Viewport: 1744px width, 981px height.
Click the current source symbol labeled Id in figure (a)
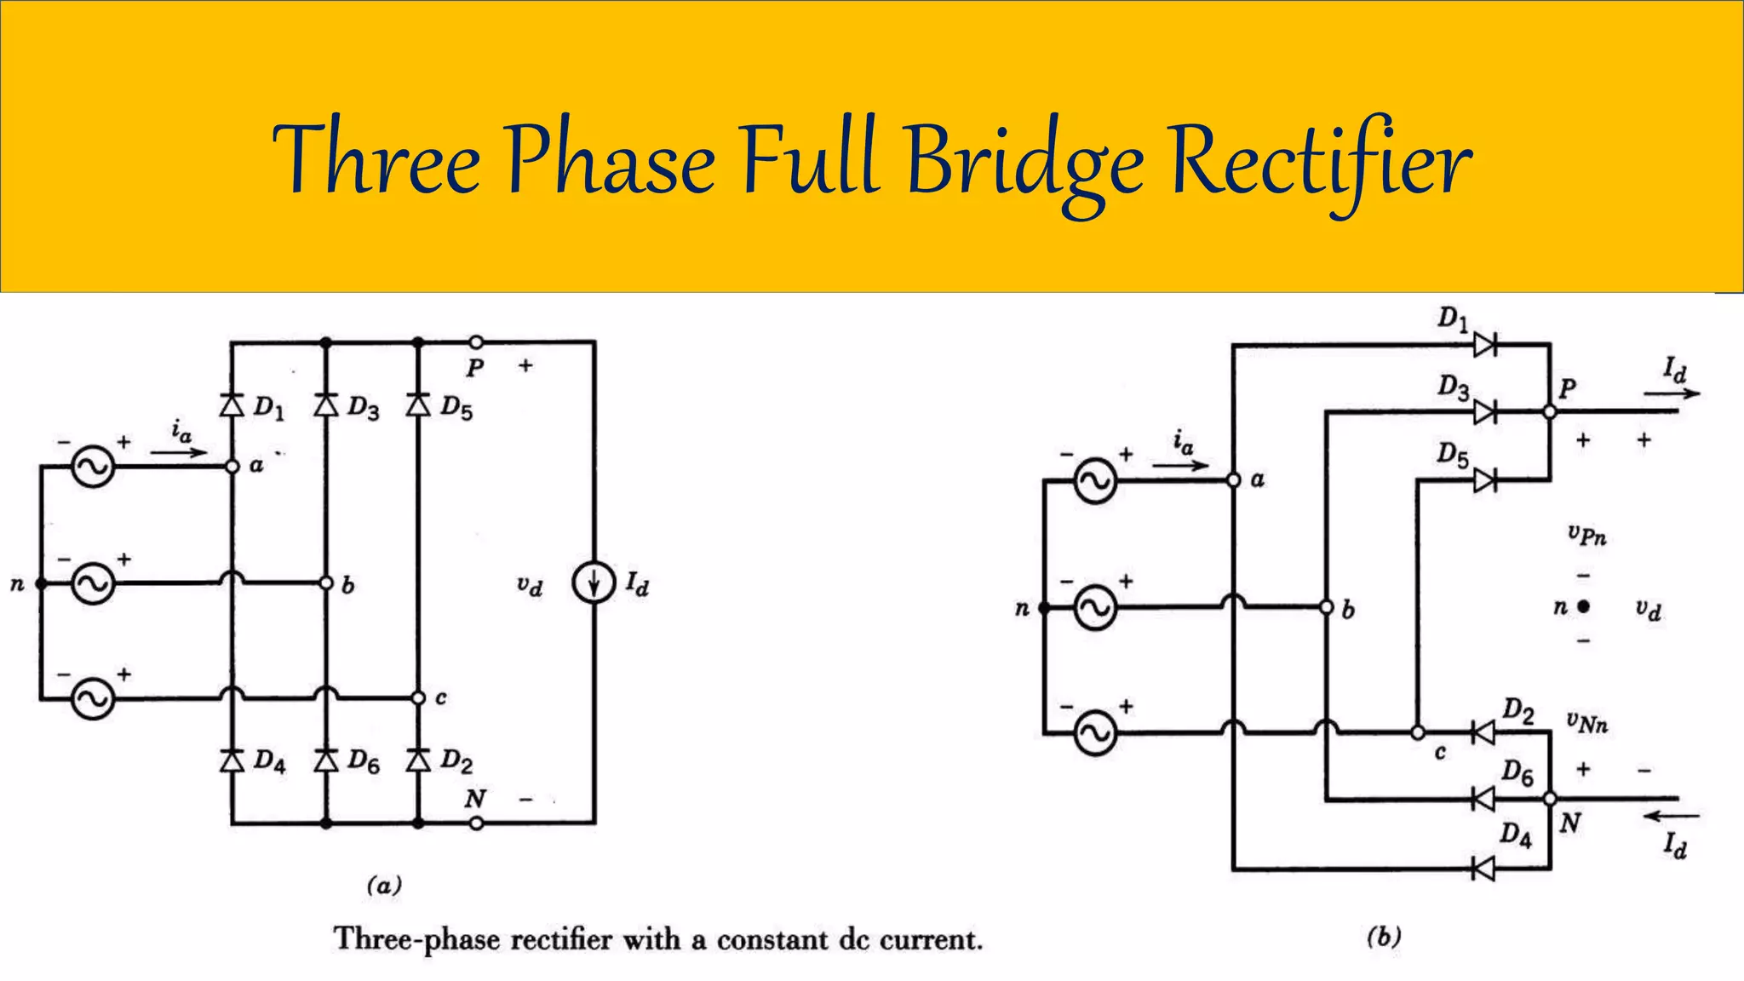click(x=594, y=584)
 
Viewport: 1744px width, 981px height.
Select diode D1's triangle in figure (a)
click(x=232, y=405)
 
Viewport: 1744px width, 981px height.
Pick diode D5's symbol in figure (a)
click(x=418, y=405)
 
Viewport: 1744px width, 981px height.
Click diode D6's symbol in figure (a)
click(x=325, y=760)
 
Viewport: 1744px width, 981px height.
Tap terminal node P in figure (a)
click(x=477, y=342)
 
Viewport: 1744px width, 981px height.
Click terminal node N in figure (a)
click(x=477, y=823)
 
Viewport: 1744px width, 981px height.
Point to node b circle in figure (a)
click(x=325, y=583)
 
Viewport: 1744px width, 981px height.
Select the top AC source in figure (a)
click(x=92, y=467)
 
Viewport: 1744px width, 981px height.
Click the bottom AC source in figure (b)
click(x=1095, y=732)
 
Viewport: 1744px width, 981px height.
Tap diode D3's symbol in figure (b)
click(x=1484, y=412)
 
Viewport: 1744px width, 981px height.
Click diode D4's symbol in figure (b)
click(x=1483, y=869)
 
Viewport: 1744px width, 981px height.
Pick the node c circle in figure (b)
click(x=1417, y=732)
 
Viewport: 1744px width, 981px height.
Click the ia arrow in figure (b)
click(x=1180, y=465)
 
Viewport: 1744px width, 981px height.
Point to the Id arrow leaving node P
click(x=1671, y=393)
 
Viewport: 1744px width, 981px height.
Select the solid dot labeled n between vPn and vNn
click(x=1583, y=607)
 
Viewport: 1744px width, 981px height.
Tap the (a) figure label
click(x=384, y=886)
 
